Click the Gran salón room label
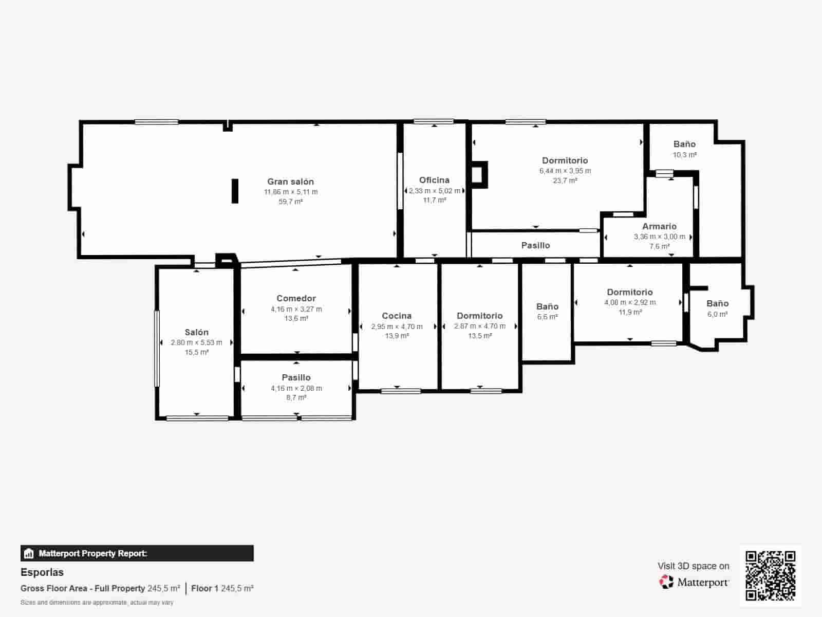(x=291, y=182)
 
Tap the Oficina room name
(x=435, y=180)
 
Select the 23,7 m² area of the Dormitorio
(x=565, y=180)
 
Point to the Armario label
(x=660, y=226)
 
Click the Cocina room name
(x=397, y=316)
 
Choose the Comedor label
(x=296, y=298)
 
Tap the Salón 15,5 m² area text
(x=197, y=352)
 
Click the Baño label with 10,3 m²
(x=684, y=144)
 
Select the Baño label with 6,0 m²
(x=718, y=303)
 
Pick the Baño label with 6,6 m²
(x=548, y=306)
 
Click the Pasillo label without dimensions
(x=535, y=245)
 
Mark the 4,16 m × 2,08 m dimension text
(x=296, y=388)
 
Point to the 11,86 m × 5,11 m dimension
(x=291, y=192)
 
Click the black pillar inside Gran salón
(x=235, y=191)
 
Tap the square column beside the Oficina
(x=478, y=175)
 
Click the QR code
(x=770, y=575)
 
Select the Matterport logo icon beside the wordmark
(x=666, y=582)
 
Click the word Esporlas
(x=42, y=572)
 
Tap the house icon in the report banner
(x=29, y=553)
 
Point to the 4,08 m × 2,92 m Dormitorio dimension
(x=630, y=302)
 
